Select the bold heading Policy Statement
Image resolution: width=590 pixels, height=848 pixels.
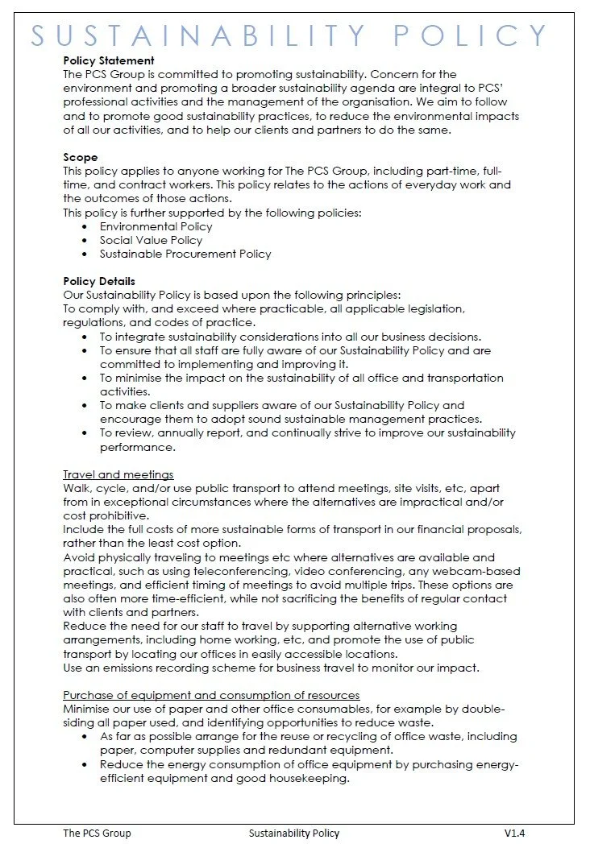[x=109, y=60]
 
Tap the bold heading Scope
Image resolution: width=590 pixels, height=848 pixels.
[x=80, y=158]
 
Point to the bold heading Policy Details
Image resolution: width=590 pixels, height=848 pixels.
[x=99, y=281]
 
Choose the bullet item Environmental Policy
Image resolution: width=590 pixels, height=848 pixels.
[x=156, y=227]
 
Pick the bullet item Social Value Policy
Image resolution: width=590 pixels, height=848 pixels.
[x=151, y=240]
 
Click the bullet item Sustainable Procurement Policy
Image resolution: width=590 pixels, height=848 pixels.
[x=185, y=254]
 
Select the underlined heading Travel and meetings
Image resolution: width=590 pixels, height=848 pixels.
[x=118, y=474]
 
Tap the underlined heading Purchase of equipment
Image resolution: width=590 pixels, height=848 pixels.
[x=211, y=695]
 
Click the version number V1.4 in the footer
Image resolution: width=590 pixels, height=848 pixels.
[x=515, y=833]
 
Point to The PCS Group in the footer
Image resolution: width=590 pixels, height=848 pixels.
[x=97, y=833]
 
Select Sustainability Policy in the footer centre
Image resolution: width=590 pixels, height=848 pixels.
[x=294, y=833]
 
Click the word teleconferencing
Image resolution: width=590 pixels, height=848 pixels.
[x=257, y=571]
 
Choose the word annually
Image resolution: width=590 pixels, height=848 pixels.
[x=174, y=432]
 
